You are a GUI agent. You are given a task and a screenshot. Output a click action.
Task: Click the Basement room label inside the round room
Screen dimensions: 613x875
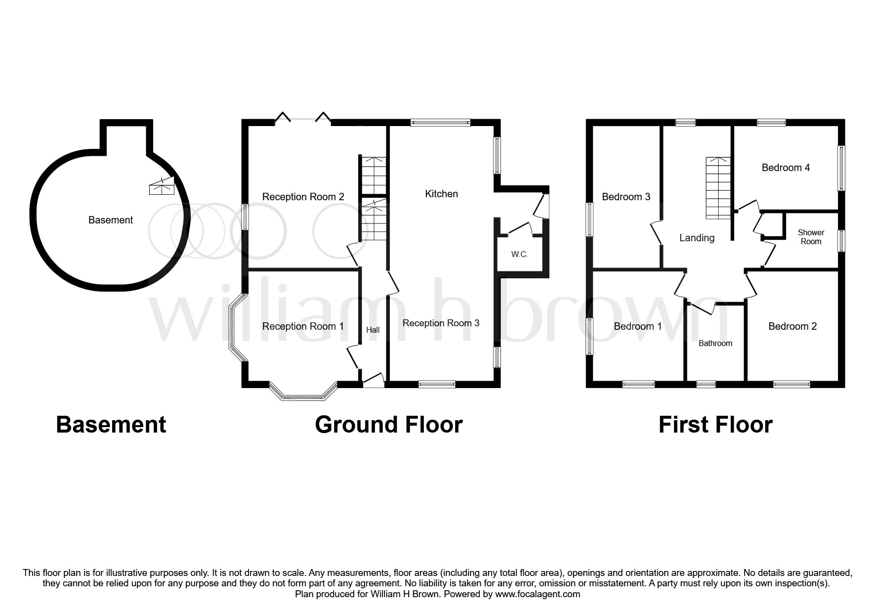[110, 220]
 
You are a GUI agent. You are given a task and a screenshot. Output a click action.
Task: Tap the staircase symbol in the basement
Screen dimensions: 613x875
[162, 185]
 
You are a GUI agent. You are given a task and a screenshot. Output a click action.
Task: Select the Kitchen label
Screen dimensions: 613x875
[441, 194]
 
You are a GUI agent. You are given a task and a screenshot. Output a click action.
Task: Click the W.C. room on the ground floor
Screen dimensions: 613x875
[519, 255]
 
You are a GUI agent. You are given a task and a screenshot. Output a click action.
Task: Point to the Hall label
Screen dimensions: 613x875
[373, 330]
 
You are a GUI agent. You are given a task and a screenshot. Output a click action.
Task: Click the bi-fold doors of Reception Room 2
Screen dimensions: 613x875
[303, 119]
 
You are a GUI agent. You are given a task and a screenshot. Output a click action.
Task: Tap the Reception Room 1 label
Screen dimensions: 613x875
[302, 326]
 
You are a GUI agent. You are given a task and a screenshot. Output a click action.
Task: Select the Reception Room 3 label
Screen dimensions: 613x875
[441, 323]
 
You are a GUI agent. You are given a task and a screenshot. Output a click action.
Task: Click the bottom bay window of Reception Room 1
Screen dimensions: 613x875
[302, 396]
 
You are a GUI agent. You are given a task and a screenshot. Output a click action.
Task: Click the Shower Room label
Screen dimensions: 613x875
[811, 237]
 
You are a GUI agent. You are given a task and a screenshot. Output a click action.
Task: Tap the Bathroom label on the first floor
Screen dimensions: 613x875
[715, 343]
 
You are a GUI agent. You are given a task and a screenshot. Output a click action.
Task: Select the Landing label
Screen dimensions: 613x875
[697, 238]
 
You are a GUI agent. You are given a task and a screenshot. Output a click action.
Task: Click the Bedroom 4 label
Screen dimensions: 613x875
[786, 168]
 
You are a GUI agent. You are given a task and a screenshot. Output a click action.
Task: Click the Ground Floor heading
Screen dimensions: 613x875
[388, 425]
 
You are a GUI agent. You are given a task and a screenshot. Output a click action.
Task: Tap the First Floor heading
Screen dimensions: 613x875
[715, 425]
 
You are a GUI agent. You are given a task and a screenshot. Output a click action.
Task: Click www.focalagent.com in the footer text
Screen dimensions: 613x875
[538, 594]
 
